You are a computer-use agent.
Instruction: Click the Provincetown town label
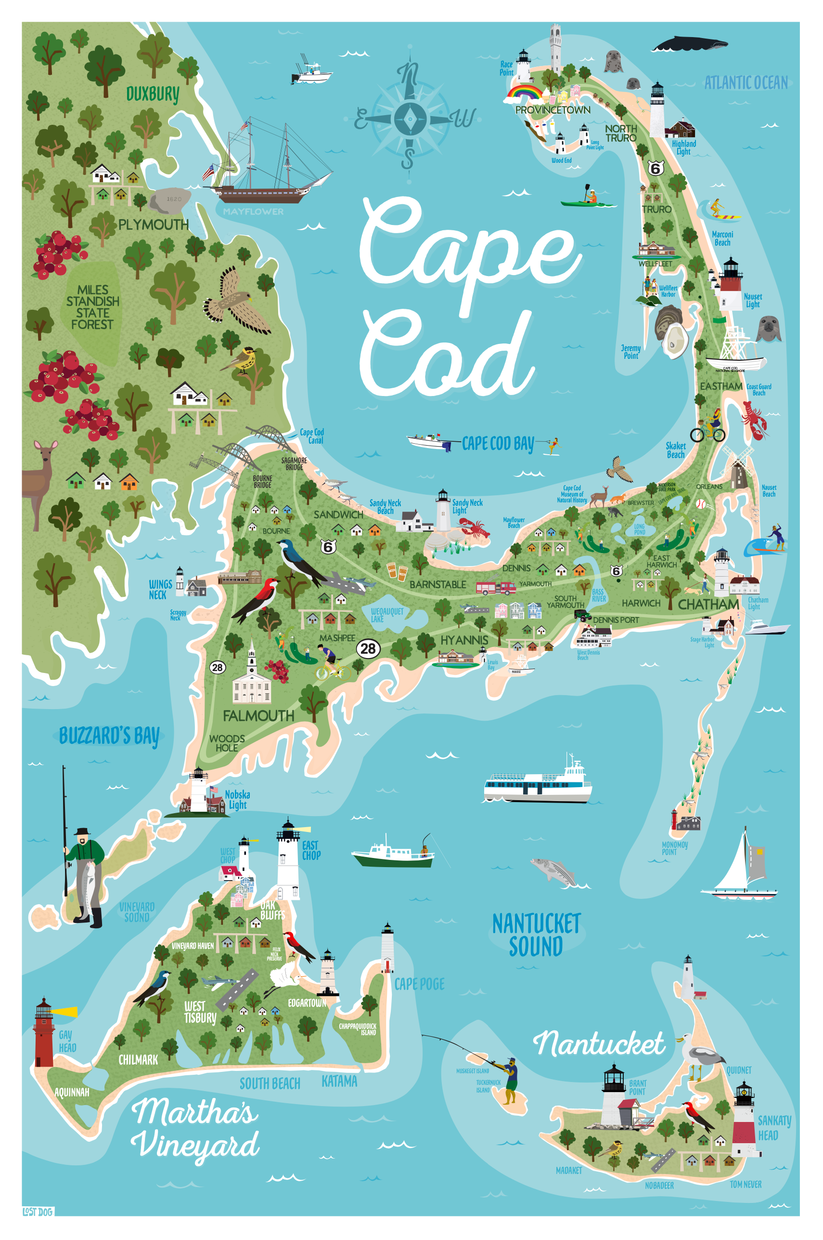coord(552,110)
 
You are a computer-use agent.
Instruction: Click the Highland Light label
coord(683,147)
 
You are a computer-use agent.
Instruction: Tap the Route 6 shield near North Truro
coord(655,169)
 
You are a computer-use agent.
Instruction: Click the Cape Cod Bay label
coord(498,444)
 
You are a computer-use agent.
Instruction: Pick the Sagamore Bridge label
coord(294,463)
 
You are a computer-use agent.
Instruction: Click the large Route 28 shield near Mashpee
coord(368,648)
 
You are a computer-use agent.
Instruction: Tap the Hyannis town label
coord(464,640)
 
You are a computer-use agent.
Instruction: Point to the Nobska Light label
coord(237,799)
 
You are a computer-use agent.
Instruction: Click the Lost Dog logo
coord(38,1212)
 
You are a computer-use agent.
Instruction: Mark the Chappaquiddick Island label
coord(358,1029)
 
